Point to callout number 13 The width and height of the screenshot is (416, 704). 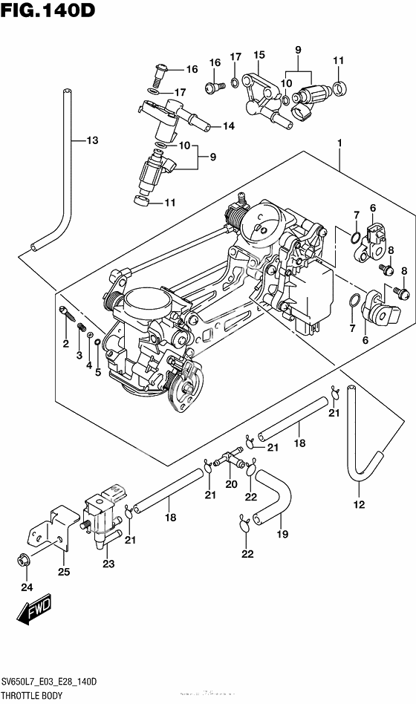(x=91, y=140)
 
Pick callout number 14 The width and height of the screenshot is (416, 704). (x=228, y=126)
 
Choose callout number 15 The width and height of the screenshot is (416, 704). (x=259, y=55)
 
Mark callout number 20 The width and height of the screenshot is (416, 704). (x=230, y=485)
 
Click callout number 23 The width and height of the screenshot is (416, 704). (x=109, y=564)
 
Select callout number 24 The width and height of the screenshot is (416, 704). (x=27, y=587)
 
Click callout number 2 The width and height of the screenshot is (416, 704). (x=65, y=343)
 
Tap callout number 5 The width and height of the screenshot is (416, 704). (x=97, y=371)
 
